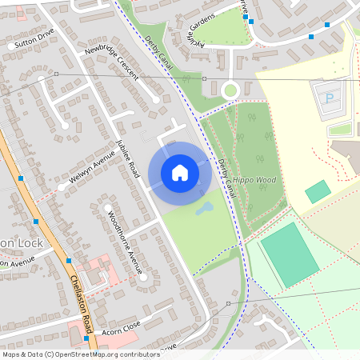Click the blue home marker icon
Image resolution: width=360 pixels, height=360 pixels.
click(179, 173)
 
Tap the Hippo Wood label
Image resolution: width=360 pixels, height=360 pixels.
click(254, 180)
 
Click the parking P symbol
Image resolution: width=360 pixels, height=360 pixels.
click(330, 98)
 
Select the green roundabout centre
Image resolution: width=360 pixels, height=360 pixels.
click(230, 90)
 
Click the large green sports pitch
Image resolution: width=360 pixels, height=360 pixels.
click(289, 254)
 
